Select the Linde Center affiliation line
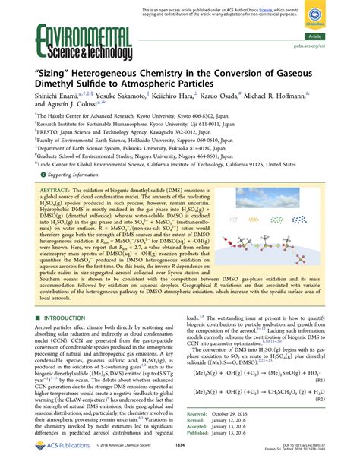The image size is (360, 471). (160, 162)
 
